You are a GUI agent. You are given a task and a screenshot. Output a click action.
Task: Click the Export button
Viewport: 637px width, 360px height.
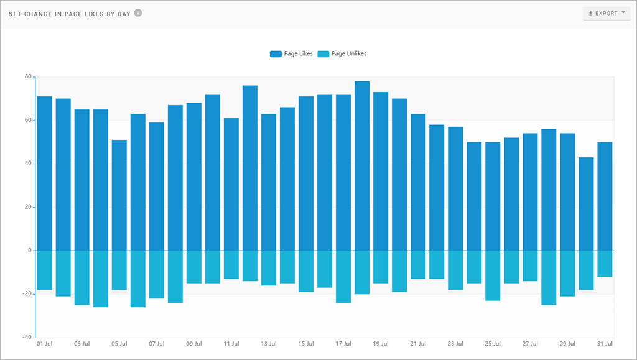click(607, 13)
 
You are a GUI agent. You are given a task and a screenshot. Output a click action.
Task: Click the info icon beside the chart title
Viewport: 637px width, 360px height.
click(138, 12)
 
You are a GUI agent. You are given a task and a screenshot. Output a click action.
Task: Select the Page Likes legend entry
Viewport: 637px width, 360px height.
click(291, 53)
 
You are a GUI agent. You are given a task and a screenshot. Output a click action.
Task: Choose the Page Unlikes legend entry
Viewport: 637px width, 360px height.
click(342, 53)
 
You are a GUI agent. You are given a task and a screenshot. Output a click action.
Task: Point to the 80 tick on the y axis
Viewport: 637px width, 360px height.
click(27, 76)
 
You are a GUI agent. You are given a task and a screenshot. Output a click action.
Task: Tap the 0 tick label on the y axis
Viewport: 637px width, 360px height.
click(29, 251)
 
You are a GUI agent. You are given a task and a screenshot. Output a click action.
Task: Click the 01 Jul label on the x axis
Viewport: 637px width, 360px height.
click(45, 343)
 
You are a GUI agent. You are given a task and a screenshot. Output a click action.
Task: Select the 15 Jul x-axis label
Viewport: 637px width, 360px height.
click(306, 343)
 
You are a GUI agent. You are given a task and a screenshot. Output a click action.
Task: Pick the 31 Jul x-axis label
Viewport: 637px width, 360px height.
click(605, 343)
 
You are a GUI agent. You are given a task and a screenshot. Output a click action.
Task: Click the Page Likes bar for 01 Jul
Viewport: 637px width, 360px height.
click(45, 173)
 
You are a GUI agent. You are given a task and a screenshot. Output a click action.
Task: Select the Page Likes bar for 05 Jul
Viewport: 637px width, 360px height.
click(119, 195)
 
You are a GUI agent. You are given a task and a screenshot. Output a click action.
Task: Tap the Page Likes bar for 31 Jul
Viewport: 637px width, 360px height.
click(605, 196)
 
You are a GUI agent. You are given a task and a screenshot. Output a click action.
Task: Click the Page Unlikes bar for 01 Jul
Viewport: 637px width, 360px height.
click(45, 270)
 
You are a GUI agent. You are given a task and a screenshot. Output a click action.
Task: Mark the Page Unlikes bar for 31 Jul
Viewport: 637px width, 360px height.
click(605, 264)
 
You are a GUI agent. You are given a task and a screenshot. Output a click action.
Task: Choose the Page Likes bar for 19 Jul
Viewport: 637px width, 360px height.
click(381, 171)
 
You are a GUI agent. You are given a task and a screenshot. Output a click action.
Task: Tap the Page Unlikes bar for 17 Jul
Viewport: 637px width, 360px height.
click(343, 277)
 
